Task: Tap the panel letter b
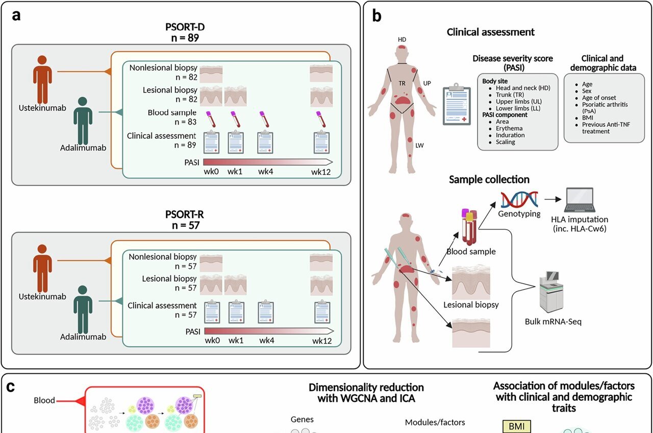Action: (376, 16)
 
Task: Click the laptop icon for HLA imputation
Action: (579, 200)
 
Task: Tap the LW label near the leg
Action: (419, 146)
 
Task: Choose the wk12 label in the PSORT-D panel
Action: (321, 172)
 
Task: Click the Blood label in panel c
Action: (44, 400)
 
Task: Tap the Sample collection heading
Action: (489, 180)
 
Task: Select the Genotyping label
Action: (519, 214)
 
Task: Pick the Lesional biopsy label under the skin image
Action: (471, 305)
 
